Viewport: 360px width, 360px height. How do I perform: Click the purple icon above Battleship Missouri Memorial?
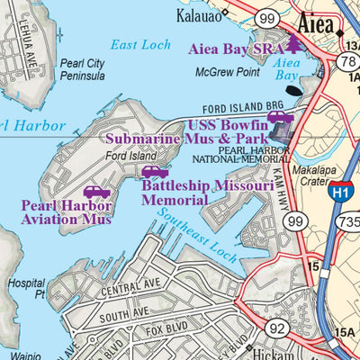(155, 172)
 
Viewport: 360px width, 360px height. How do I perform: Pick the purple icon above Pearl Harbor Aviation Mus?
(94, 192)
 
